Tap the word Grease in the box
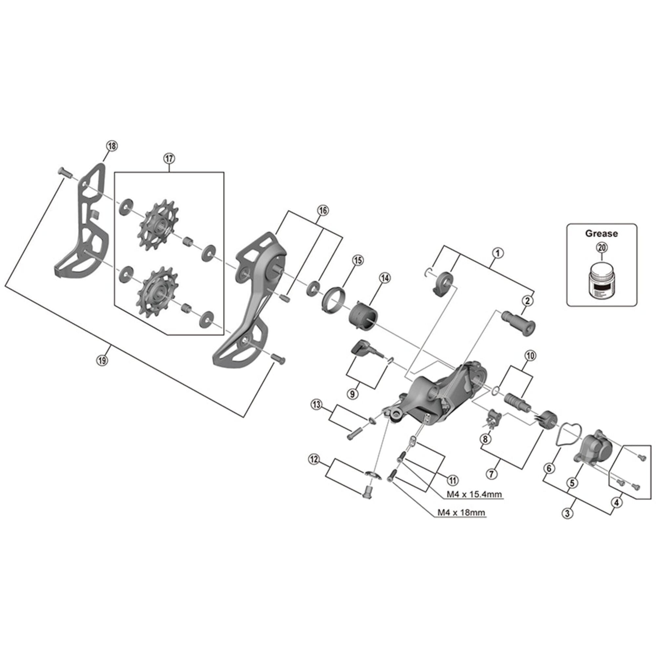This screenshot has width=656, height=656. (601, 234)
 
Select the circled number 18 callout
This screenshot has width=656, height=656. (112, 146)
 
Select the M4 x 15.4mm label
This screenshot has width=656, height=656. (474, 494)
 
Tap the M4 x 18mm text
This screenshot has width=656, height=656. (461, 512)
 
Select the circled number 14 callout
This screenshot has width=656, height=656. (385, 278)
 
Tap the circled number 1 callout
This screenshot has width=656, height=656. (498, 253)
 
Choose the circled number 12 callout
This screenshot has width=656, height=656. (314, 460)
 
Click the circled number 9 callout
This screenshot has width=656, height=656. (352, 394)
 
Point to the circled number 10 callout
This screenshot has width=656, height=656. (530, 356)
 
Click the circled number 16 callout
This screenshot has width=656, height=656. (322, 211)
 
